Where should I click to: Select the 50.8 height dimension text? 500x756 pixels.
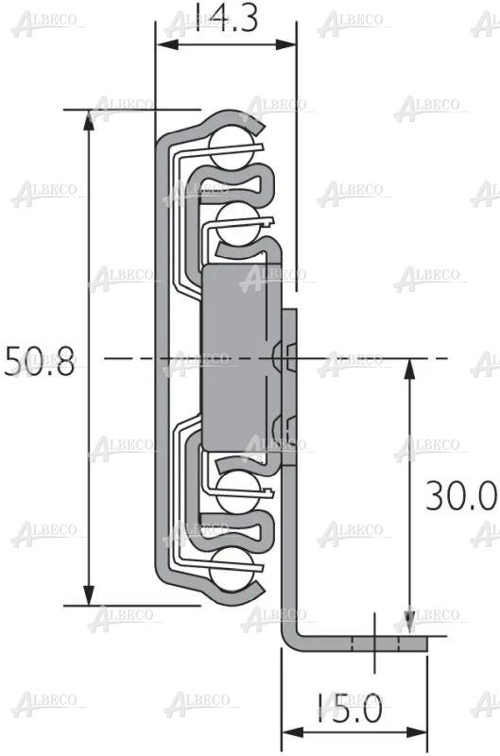tap(40, 362)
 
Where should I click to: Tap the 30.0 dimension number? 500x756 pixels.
tap(460, 496)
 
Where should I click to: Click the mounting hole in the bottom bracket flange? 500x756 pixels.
tap(375, 643)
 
